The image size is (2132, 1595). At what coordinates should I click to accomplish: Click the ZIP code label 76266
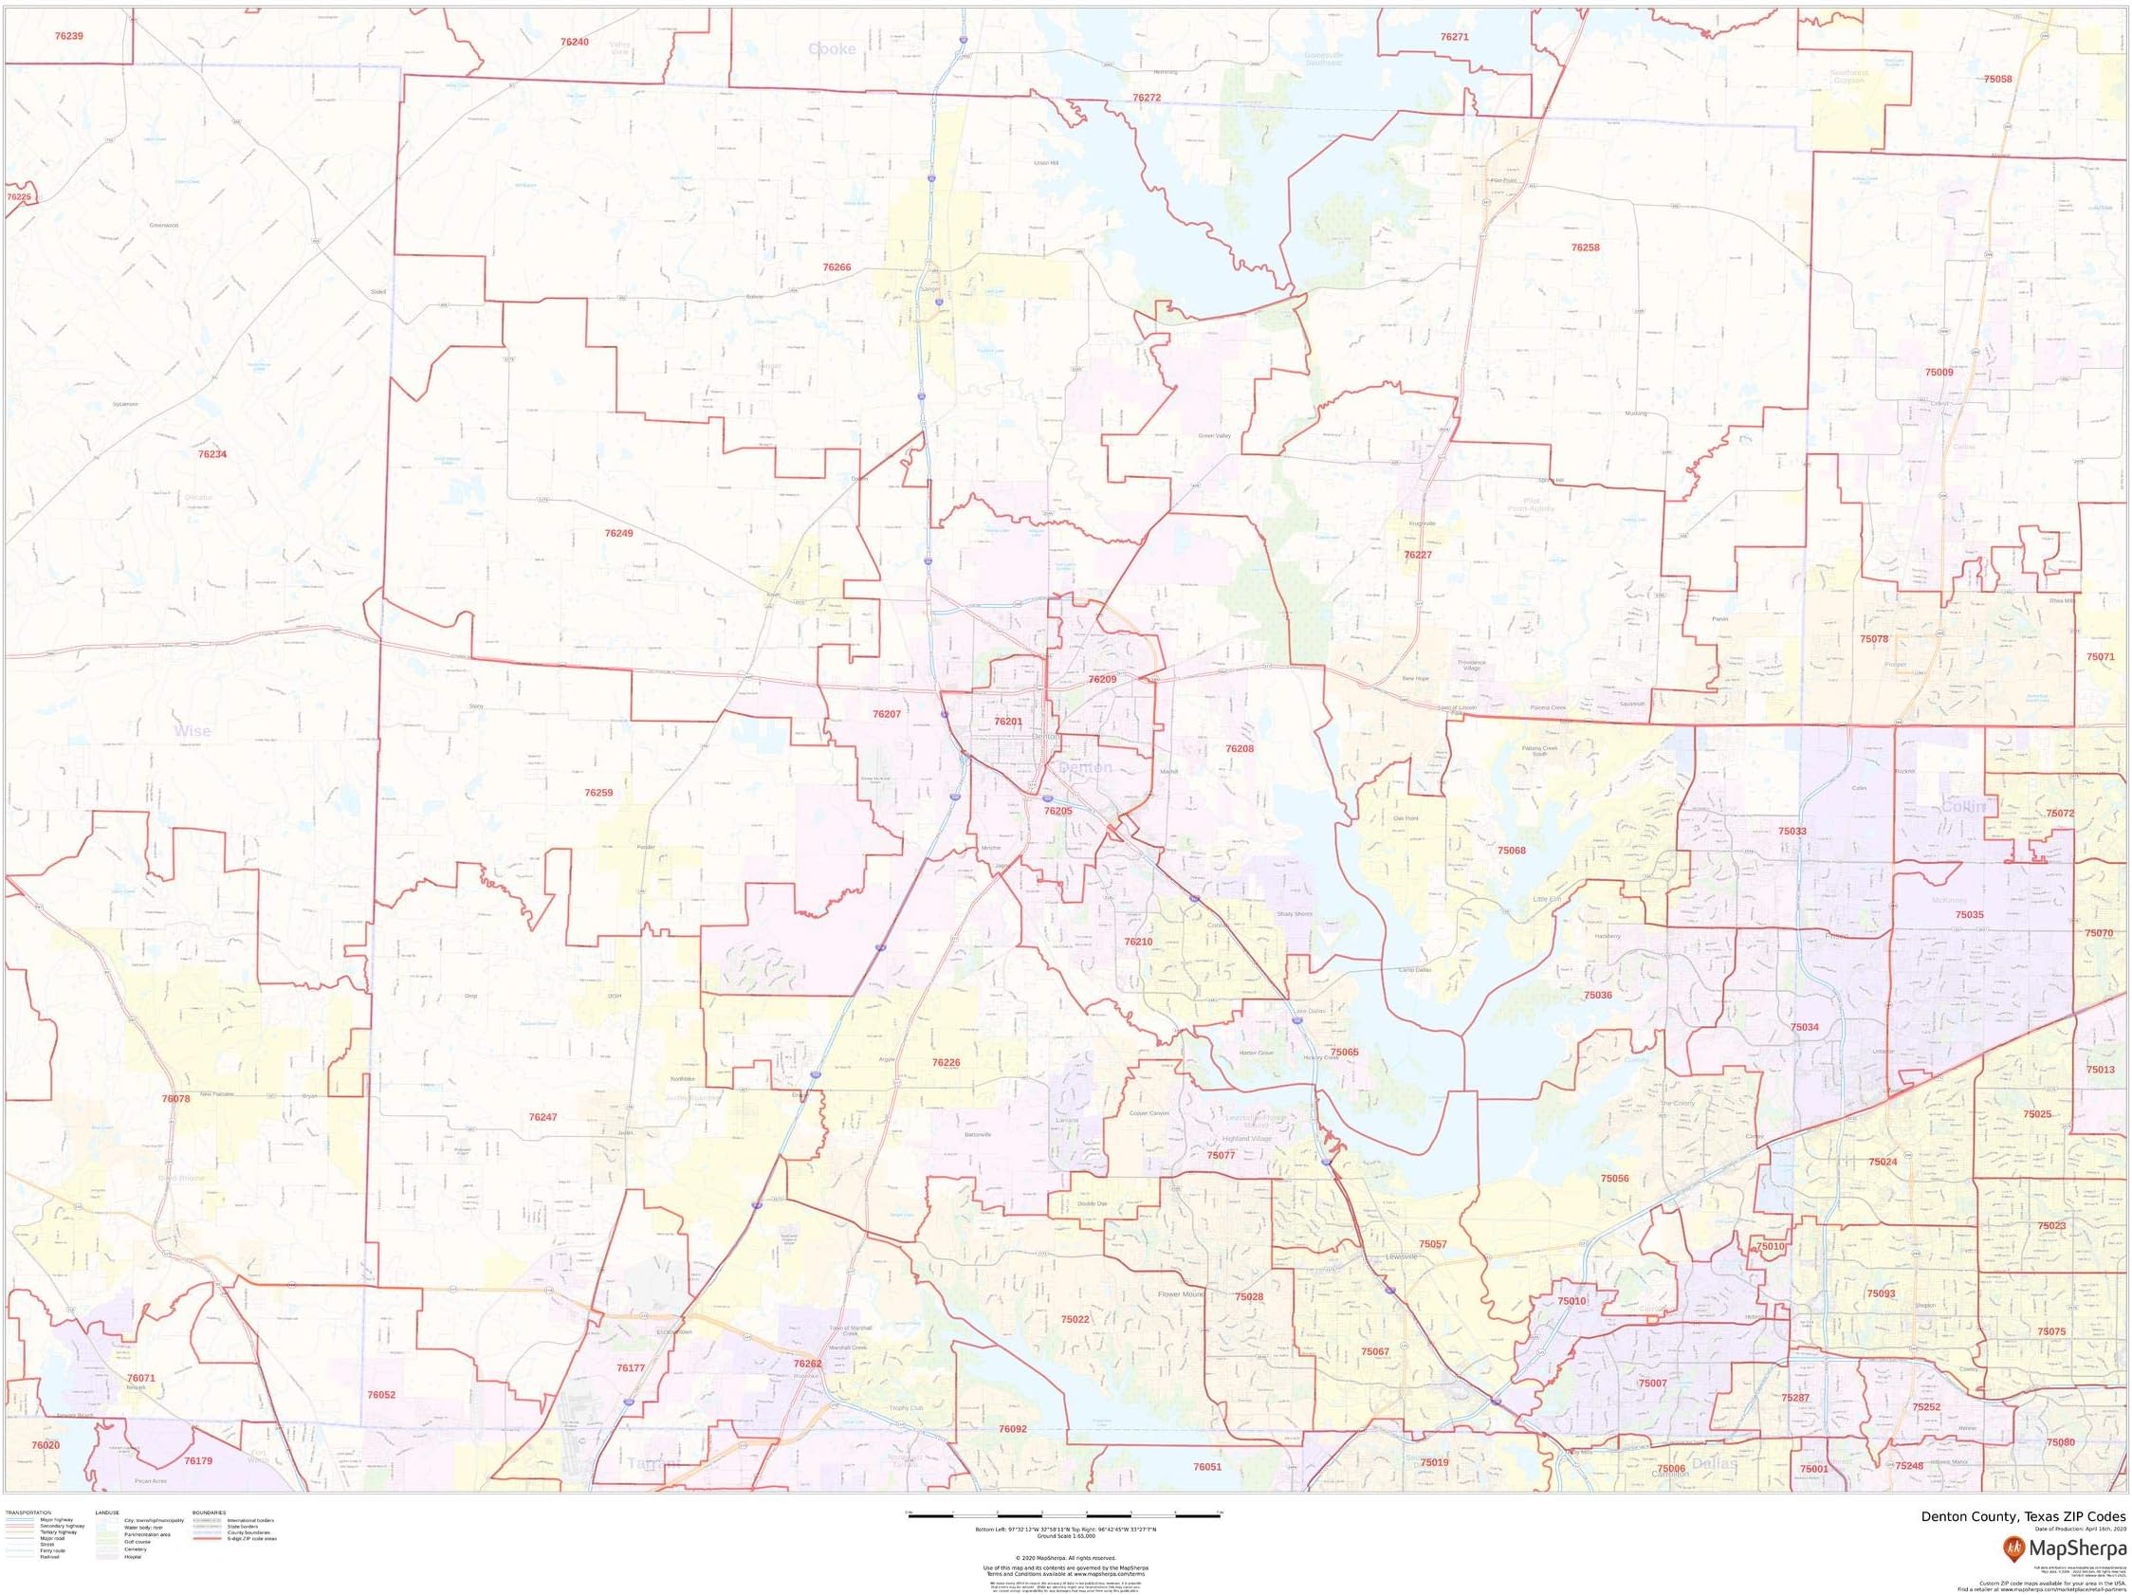pos(836,268)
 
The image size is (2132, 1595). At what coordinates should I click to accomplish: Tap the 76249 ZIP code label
pos(618,533)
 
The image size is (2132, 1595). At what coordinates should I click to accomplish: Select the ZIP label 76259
pos(598,793)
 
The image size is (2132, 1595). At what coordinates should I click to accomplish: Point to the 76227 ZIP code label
pos(1418,555)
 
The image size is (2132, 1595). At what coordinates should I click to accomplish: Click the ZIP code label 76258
pos(1586,247)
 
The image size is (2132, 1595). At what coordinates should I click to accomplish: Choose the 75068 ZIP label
pos(1513,851)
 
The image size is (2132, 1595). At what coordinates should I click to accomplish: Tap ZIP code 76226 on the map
pos(947,1062)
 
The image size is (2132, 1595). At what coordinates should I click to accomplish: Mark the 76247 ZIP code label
pos(542,1117)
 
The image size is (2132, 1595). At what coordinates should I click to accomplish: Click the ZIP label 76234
pos(212,454)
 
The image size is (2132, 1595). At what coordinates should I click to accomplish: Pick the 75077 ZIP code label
pos(1222,1155)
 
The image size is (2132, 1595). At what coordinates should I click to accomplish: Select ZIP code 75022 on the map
pos(1075,1319)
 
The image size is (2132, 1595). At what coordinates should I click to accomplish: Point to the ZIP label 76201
pos(1008,721)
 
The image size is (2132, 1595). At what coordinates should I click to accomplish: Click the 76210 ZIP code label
pos(1138,942)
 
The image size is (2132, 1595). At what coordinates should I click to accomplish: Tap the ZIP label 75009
pos(1939,372)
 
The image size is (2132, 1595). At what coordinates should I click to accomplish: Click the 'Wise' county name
pos(192,731)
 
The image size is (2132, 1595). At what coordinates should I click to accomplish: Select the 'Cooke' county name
pos(832,49)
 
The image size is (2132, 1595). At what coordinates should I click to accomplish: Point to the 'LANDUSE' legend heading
pos(108,1513)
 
